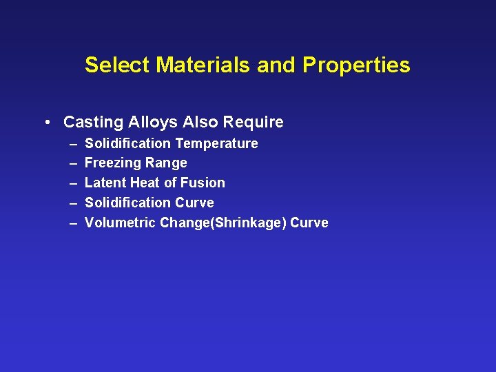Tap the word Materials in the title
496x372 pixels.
click(x=204, y=65)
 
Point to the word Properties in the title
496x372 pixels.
click(x=356, y=65)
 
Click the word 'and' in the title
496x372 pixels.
click(x=278, y=65)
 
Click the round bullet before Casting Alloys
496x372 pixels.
click(x=45, y=123)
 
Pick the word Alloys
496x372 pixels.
click(x=148, y=123)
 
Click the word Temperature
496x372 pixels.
click(x=216, y=143)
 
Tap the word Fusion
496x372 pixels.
click(x=203, y=183)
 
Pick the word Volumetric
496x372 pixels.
click(x=120, y=223)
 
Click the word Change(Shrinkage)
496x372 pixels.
click(x=223, y=223)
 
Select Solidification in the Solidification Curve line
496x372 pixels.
click(x=128, y=203)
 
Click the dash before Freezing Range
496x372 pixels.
click(x=73, y=163)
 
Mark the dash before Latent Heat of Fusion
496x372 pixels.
click(x=73, y=183)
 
